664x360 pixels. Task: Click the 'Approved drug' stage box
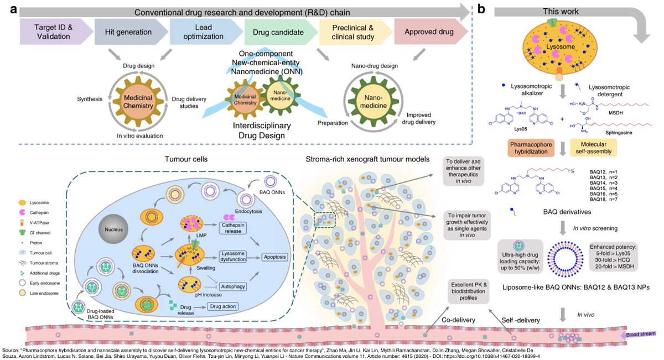[x=422, y=30]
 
